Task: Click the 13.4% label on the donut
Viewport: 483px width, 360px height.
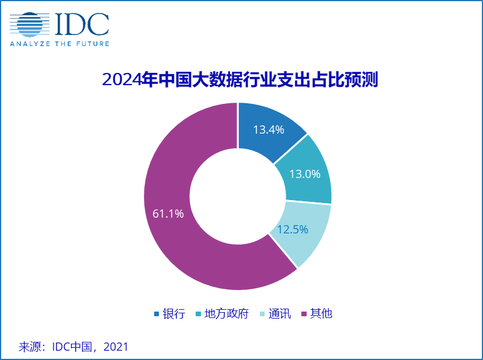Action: pyautogui.click(x=268, y=129)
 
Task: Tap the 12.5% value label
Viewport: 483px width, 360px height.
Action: pyautogui.click(x=293, y=229)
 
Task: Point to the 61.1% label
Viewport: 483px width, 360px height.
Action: pyautogui.click(x=168, y=214)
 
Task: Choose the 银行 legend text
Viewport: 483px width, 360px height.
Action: pyautogui.click(x=173, y=314)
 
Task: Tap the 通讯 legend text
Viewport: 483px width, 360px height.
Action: pyautogui.click(x=279, y=314)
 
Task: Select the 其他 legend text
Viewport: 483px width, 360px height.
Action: pyautogui.click(x=321, y=314)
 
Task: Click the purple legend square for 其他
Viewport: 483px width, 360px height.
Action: pyautogui.click(x=304, y=314)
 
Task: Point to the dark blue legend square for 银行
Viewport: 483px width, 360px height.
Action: pyautogui.click(x=157, y=314)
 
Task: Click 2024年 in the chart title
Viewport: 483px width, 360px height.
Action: pyautogui.click(x=122, y=79)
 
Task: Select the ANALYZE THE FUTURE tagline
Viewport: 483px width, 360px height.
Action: pyautogui.click(x=59, y=43)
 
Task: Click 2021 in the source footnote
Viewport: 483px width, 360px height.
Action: pyautogui.click(x=116, y=347)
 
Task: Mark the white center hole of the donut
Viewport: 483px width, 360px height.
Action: pyautogui.click(x=238, y=197)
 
